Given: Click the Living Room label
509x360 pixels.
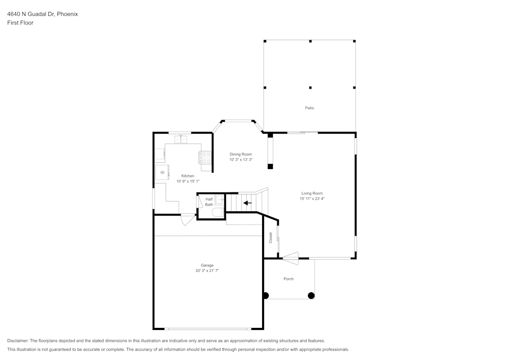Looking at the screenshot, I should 312,193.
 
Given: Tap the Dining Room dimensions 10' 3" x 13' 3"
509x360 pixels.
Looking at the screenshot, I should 241,160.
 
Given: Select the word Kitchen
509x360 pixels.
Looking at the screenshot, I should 188,176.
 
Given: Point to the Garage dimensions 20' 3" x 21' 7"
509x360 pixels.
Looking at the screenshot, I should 207,271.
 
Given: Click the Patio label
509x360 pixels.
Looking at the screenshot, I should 309,108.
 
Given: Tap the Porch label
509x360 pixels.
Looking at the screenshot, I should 289,279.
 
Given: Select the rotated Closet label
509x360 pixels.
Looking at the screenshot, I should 271,237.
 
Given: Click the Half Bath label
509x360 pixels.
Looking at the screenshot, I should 209,202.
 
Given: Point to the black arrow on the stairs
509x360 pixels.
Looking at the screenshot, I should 247,203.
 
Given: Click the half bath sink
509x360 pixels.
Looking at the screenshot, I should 219,200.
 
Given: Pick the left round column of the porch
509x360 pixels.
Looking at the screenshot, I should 265,295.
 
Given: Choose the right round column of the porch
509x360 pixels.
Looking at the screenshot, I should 312,295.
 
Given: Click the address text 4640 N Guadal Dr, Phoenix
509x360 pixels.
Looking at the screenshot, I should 42,14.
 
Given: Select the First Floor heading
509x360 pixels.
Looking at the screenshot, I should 20,23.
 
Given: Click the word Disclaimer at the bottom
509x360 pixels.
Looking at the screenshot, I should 18,341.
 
